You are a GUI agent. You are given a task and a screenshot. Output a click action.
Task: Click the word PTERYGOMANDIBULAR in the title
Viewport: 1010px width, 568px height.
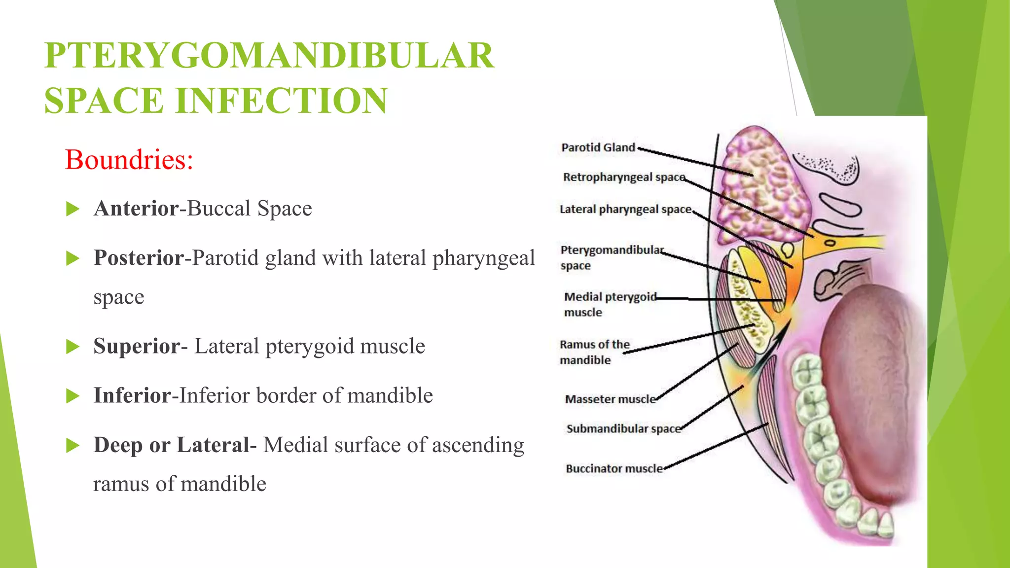coord(269,55)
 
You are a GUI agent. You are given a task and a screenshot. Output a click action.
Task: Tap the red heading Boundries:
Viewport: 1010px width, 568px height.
coord(129,160)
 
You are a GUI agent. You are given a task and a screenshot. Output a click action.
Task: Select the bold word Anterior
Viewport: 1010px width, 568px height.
coord(136,208)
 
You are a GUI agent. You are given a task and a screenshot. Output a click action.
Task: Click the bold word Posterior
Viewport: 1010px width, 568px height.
coord(139,257)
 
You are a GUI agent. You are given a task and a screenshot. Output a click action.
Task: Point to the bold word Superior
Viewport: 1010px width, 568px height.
coord(137,346)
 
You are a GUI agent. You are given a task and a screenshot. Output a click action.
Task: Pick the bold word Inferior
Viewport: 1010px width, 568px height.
coord(132,395)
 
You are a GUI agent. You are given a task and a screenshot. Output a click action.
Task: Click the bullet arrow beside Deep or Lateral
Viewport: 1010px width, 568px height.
coord(72,446)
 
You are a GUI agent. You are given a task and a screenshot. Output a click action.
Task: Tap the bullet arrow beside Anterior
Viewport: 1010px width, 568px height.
coord(72,209)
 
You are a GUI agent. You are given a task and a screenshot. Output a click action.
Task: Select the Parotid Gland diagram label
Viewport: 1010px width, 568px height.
coord(598,147)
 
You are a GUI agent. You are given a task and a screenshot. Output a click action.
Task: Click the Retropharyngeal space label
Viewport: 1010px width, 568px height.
coord(624,177)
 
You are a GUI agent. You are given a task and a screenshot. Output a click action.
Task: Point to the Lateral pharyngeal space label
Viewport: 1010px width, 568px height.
coord(625,209)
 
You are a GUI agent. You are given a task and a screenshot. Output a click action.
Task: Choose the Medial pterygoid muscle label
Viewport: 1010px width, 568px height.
coord(610,304)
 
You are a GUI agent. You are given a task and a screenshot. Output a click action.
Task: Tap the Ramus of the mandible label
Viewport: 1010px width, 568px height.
coord(594,352)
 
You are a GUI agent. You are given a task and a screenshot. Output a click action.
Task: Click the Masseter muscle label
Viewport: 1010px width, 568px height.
coord(610,399)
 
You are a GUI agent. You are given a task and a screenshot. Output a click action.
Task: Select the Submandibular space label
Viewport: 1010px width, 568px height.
coord(623,428)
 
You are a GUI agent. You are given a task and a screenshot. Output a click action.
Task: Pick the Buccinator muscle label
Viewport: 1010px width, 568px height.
coord(614,468)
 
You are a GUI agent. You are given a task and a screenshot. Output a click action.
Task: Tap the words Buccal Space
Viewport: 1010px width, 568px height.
coord(250,208)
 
